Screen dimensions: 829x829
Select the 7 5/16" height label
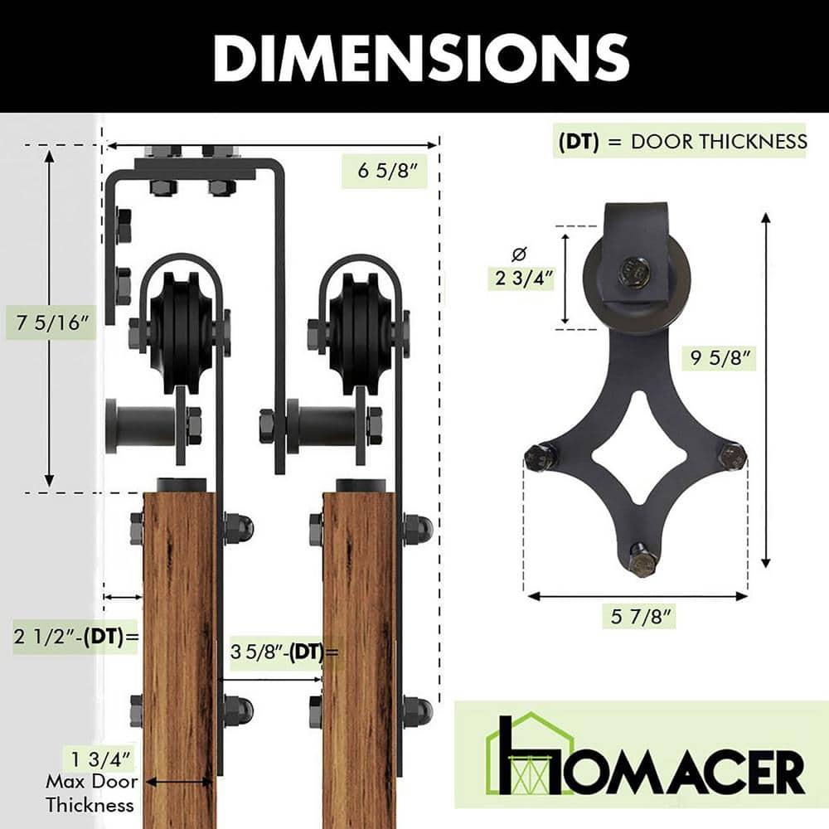click(49, 322)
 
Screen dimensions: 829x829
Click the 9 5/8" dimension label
click(722, 357)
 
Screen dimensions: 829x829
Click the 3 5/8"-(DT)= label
click(284, 652)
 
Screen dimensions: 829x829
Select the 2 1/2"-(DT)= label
click(75, 637)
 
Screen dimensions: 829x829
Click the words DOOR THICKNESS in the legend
click(718, 141)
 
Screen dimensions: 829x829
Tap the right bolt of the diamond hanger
click(732, 455)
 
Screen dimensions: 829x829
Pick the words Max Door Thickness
click(90, 793)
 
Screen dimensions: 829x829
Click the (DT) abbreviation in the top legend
click(579, 141)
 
